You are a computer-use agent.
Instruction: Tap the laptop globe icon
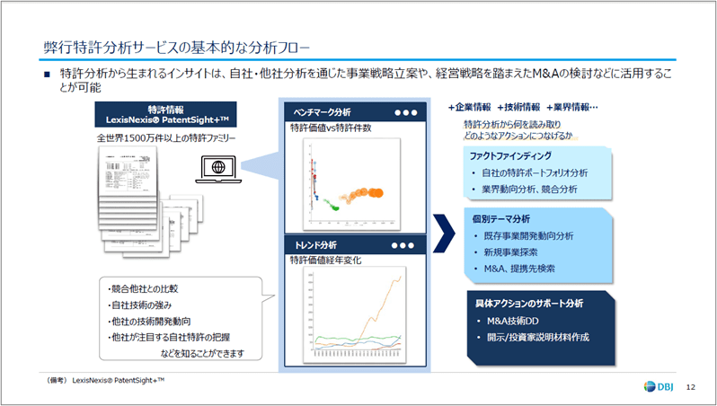click(217, 167)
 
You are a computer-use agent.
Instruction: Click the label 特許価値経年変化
click(325, 260)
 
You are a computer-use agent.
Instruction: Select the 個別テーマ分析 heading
click(500, 218)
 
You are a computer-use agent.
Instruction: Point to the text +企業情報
click(469, 107)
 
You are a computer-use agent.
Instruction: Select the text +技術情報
click(518, 107)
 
